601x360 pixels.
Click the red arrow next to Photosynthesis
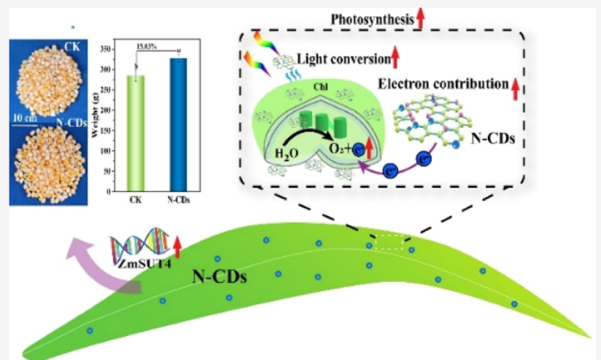click(421, 15)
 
